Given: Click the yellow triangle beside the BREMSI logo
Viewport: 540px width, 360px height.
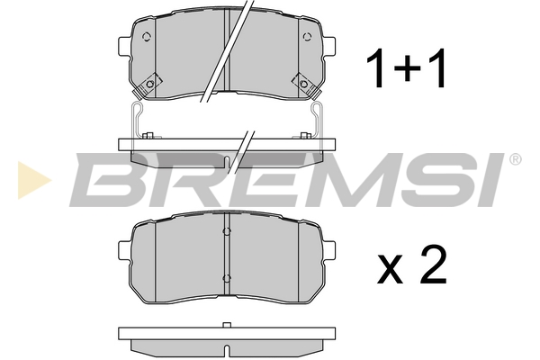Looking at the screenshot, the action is tap(31, 180).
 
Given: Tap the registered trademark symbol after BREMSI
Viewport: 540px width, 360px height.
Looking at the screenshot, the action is tap(515, 159).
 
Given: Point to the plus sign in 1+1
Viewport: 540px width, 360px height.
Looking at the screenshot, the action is tap(408, 67).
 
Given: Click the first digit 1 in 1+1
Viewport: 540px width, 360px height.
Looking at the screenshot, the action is tap(376, 67).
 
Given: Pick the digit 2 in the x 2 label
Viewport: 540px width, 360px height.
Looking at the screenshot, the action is tap(434, 265).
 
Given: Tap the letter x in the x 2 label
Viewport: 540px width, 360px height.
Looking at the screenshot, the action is tap(391, 269).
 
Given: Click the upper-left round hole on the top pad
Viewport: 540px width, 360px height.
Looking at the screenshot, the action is tap(147, 37).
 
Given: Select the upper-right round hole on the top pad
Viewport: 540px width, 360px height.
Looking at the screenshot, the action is tap(307, 37).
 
